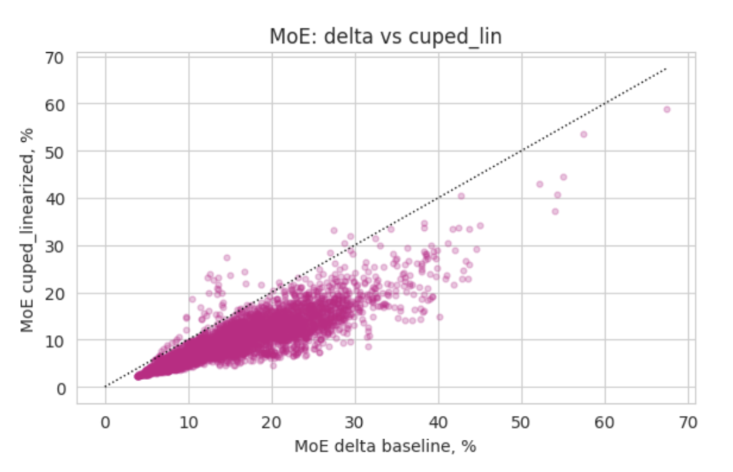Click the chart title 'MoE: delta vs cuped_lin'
pos(385,36)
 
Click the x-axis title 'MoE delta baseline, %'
pos(385,446)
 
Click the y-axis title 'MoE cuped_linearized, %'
pos(27,230)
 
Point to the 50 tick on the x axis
pos(521,423)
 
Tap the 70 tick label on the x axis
pos(688,423)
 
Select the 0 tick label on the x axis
pos(105,423)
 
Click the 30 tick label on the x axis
pos(355,423)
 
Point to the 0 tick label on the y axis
pos(61,389)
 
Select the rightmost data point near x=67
pos(667,110)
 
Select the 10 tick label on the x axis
pos(189,423)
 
